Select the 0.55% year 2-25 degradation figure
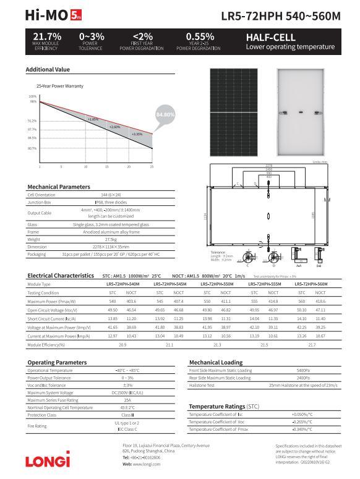tap(200, 37)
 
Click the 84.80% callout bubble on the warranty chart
tap(165, 114)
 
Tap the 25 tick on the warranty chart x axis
tap(152, 167)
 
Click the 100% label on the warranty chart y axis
tap(32, 96)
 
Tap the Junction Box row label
tap(39, 202)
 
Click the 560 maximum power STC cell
tap(302, 301)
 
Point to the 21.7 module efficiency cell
tap(312, 344)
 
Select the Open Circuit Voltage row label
tap(51, 310)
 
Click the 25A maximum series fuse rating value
tap(127, 400)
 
